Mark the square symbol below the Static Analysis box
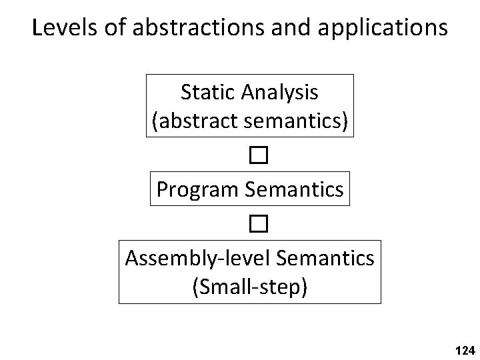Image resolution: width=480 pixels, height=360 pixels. (259, 156)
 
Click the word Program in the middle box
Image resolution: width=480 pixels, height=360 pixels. (198, 190)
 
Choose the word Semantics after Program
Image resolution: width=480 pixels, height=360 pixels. (295, 189)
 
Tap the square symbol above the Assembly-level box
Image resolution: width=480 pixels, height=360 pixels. (259, 225)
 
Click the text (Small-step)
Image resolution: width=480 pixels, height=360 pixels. (250, 287)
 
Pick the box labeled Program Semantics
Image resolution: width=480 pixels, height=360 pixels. (250, 190)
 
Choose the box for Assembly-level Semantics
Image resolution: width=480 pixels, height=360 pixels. (250, 272)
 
